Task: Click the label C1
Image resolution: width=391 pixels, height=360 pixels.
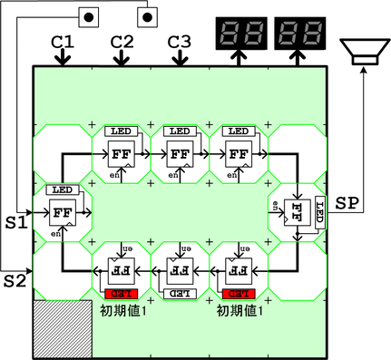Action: [63, 42]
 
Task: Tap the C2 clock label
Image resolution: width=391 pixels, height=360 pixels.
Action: [122, 42]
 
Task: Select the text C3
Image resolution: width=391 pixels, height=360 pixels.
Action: [180, 42]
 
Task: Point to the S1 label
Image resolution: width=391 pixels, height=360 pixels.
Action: [16, 220]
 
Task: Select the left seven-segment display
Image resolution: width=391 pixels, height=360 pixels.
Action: [239, 34]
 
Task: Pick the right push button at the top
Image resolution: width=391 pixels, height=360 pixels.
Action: [150, 15]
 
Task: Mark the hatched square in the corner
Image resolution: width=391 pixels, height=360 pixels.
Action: [63, 328]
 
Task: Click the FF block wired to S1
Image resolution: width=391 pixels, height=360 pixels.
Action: [63, 212]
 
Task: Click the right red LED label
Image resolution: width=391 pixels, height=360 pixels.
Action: [237, 294]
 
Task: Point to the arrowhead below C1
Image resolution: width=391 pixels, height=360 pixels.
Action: [63, 60]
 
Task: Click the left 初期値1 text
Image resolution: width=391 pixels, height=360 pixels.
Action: [121, 310]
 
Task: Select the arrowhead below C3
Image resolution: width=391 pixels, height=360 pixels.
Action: [180, 60]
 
